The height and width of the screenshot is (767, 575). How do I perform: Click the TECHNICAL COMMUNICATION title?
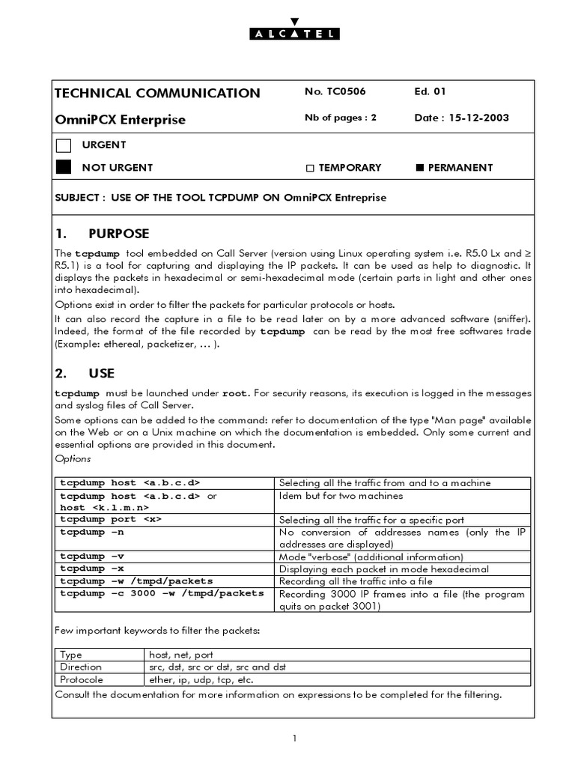coord(157,93)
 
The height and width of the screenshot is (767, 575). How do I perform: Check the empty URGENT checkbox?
coord(64,145)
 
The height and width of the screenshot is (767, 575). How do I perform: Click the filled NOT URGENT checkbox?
coord(64,167)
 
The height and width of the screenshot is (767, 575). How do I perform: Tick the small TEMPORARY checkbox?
coord(309,168)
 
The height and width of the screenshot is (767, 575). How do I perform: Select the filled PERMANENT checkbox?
coord(419,168)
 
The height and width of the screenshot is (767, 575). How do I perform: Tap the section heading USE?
coord(101,373)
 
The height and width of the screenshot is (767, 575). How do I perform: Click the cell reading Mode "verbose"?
coord(371,557)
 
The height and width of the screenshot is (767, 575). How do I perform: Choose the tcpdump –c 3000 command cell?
coord(162,593)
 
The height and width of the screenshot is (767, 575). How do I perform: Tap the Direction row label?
coord(81,667)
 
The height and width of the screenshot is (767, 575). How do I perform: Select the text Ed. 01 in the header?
coord(430,92)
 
